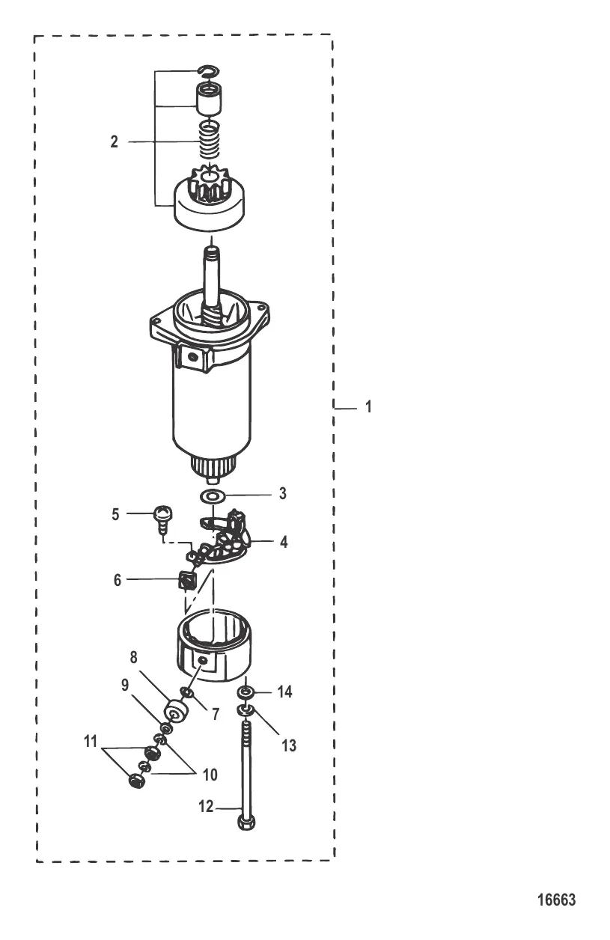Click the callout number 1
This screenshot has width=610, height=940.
click(x=368, y=406)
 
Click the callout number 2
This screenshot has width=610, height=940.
click(x=114, y=142)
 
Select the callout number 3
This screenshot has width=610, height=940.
click(x=283, y=493)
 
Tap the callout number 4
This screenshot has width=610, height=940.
click(x=284, y=542)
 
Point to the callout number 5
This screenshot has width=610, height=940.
click(x=115, y=514)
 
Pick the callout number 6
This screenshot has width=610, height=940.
click(x=118, y=580)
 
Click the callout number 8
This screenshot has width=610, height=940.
click(x=133, y=657)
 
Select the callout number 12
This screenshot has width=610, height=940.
click(x=206, y=807)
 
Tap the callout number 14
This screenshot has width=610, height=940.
click(x=284, y=692)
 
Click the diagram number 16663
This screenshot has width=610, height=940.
click(x=557, y=900)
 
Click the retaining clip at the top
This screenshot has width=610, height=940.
click(x=210, y=71)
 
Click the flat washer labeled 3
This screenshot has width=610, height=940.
click(x=213, y=496)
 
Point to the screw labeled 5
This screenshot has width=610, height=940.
click(x=162, y=521)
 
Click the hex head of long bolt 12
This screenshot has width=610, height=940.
click(x=246, y=822)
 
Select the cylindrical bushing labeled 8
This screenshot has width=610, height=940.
click(x=174, y=712)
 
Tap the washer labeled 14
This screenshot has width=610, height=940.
click(x=246, y=691)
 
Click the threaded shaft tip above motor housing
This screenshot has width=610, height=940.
click(x=212, y=251)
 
